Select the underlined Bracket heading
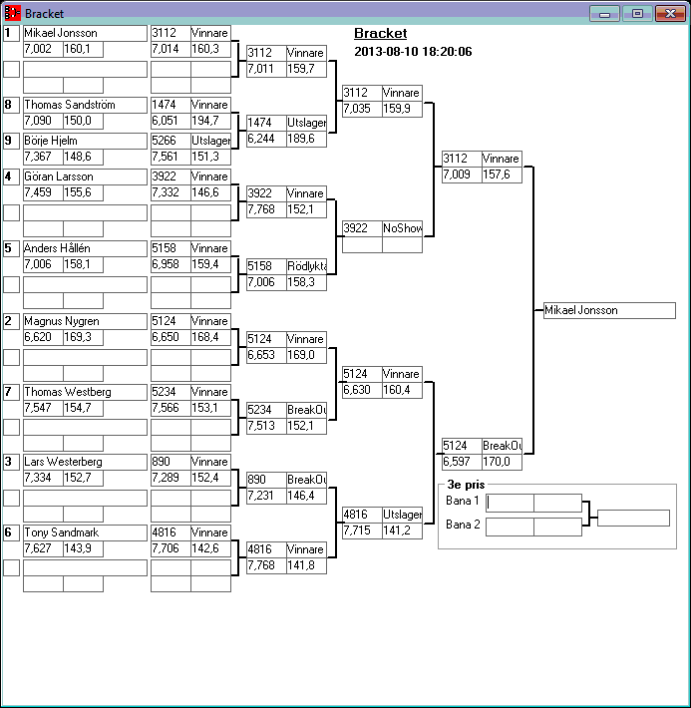[380, 34]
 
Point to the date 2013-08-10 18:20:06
[413, 52]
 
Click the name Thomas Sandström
[69, 105]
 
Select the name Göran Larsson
[59, 177]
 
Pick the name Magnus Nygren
[61, 321]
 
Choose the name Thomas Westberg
[66, 392]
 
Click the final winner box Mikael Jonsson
[609, 310]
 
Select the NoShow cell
[402, 228]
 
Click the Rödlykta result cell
[307, 266]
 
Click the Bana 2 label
[463, 525]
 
